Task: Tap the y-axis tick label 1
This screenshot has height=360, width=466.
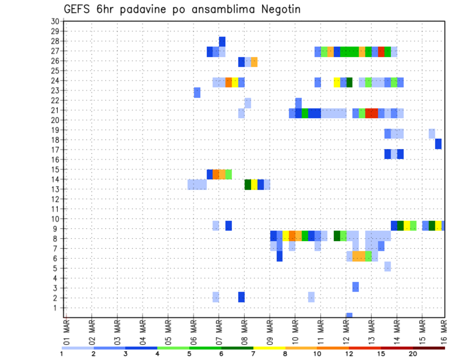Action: coord(56,308)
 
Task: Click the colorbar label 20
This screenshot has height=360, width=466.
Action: coord(413,354)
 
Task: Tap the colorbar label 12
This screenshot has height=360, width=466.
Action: coord(349,354)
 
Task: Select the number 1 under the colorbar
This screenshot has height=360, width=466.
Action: coord(62,354)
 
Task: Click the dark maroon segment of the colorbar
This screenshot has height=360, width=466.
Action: coord(429,348)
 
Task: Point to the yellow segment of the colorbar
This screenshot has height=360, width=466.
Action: coord(269,348)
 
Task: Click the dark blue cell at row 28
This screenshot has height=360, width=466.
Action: coord(222,41)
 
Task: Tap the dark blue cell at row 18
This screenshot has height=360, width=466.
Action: coord(438,144)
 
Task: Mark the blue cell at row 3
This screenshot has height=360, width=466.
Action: coord(355,287)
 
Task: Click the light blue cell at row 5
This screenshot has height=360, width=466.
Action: coord(387,266)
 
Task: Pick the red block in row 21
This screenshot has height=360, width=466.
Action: coord(371,113)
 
